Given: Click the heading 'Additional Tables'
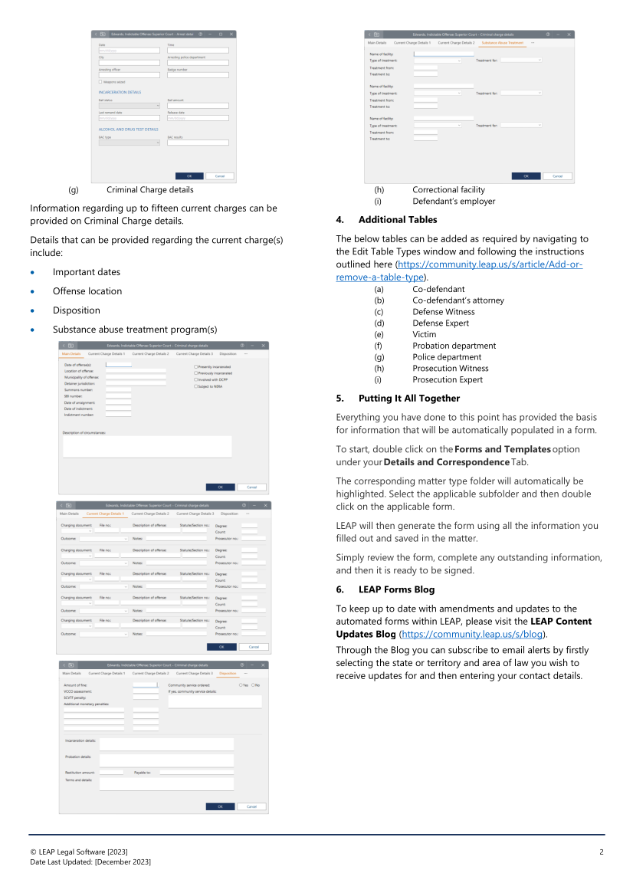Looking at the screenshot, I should click(398, 220).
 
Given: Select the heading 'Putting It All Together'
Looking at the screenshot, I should click(409, 399).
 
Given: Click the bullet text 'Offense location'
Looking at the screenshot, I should click(87, 291).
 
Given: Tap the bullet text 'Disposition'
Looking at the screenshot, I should click(76, 310).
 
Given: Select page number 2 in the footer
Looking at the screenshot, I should click(602, 852).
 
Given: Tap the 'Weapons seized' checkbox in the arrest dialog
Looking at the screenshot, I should click(100, 81).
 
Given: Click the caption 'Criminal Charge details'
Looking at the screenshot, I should click(150, 189).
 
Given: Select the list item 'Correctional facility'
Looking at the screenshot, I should click(448, 189).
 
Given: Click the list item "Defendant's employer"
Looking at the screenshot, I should click(454, 202).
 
